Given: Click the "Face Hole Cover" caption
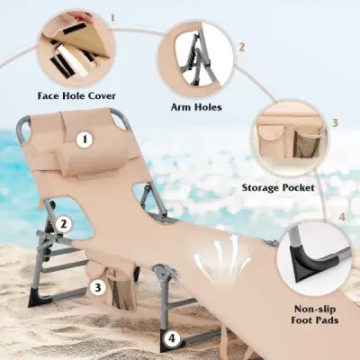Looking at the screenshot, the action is coord(76,96).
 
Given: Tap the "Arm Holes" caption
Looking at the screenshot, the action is coord(196,107).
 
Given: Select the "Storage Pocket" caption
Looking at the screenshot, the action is coord(278,188).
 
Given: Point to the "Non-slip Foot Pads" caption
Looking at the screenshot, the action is coord(315,314).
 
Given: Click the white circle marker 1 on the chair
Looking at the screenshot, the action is coord(85,139).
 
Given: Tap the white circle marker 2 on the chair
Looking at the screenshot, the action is coord(63,224).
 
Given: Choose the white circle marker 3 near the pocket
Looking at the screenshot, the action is coord(97,288).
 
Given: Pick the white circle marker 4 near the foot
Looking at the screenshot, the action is coord(172,338).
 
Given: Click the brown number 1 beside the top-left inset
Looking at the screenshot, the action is coord(112,18).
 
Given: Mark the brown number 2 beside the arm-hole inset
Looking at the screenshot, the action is coord(241,48).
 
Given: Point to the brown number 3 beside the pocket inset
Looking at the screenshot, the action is coord(335,122).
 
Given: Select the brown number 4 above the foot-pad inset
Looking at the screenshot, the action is coord(342,217).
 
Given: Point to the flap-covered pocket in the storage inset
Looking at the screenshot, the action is coord(271,140).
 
